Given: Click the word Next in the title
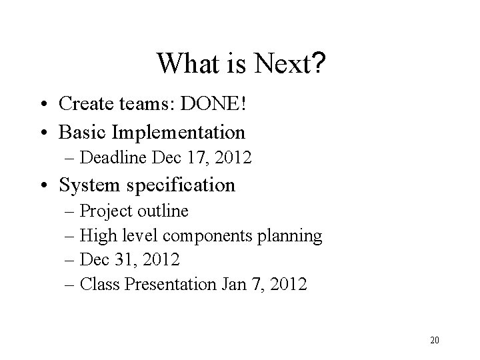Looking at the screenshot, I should click(280, 65).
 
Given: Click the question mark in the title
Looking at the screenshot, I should click(318, 65).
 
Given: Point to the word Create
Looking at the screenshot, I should click(86, 104).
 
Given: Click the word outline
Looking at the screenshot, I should click(163, 211).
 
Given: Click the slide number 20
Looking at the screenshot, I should click(434, 341).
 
